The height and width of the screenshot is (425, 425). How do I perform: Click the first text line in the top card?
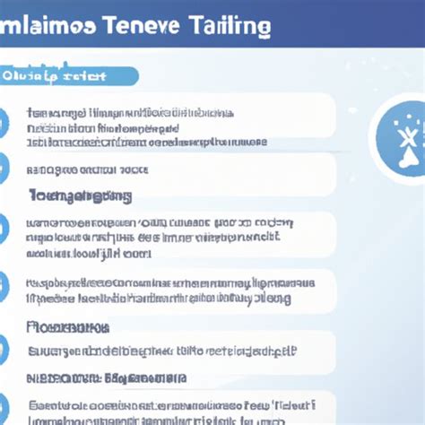(130, 113)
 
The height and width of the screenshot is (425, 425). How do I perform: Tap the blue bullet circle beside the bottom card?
(4, 408)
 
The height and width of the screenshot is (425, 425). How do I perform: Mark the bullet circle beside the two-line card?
(4, 289)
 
